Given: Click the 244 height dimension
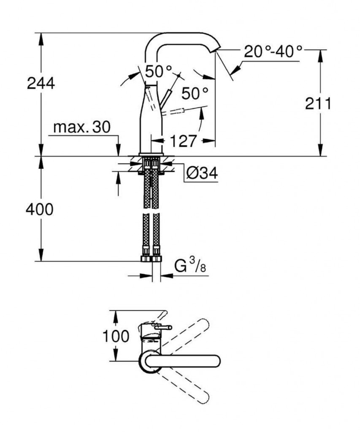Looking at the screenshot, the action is (41, 83).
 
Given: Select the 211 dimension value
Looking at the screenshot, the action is (318, 104).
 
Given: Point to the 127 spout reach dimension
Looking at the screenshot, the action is (183, 141).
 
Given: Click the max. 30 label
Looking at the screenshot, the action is (82, 127).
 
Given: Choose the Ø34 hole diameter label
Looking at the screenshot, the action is (202, 173).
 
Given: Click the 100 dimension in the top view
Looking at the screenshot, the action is (116, 336).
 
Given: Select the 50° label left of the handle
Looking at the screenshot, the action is (159, 71).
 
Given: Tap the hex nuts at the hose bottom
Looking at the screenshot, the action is (151, 259).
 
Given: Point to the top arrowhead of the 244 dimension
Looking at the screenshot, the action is (41, 39).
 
